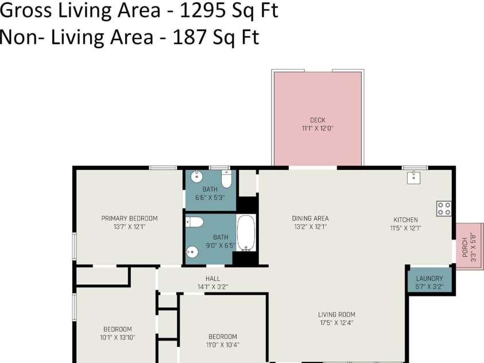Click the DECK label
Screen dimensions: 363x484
click(x=317, y=120)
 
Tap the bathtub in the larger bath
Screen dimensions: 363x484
click(x=246, y=233)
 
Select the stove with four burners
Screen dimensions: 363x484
click(x=443, y=208)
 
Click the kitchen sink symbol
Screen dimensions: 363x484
click(x=415, y=177)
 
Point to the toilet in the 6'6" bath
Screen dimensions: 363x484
click(x=226, y=180)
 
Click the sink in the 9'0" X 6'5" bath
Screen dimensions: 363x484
click(x=193, y=252)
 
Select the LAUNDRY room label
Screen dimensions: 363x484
click(x=429, y=279)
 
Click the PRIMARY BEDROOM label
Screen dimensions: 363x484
click(x=129, y=218)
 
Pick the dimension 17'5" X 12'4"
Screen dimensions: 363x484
click(x=336, y=323)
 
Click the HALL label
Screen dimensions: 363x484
click(x=213, y=279)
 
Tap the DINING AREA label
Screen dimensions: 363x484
click(x=310, y=218)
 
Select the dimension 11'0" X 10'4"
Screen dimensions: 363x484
click(x=223, y=345)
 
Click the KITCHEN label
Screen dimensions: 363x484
click(x=405, y=220)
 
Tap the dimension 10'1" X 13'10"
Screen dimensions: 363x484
click(x=117, y=337)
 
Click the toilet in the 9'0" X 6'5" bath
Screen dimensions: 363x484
click(x=194, y=222)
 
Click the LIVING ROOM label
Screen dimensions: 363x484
click(x=336, y=314)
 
